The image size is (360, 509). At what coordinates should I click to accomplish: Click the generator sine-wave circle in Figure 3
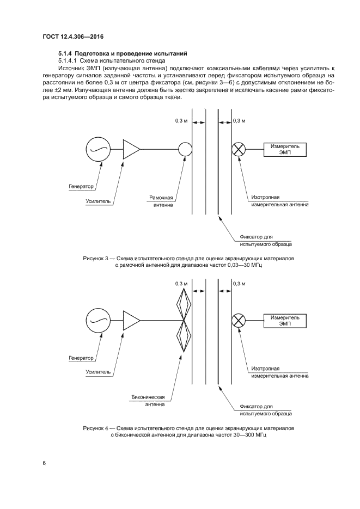point(98,149)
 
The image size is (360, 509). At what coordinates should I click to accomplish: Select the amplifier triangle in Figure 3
point(131,149)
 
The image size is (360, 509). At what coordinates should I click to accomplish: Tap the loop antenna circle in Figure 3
point(185,149)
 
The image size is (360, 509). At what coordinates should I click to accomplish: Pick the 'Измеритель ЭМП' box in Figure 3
point(286,149)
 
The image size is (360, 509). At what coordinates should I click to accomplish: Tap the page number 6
point(44,463)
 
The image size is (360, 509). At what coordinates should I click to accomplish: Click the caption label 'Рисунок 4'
point(97,428)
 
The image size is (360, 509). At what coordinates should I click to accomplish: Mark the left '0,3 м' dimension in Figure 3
point(181,120)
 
